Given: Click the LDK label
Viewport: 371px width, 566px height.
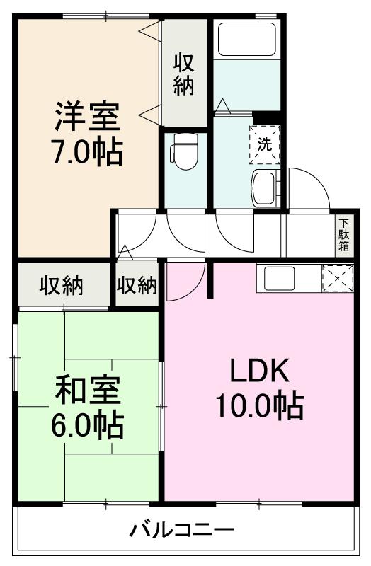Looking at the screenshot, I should click(259, 371).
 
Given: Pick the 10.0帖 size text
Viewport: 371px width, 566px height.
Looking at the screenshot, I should click(259, 407).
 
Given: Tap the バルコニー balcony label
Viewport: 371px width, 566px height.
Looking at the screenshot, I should click(182, 529).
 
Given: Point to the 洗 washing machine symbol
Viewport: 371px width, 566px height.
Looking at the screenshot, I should click(264, 144).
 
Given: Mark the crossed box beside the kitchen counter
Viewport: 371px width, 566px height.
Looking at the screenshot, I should click(337, 278).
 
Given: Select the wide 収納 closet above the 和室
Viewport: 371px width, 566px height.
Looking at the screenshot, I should click(61, 286).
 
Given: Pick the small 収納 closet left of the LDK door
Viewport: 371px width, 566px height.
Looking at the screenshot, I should click(137, 286).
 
